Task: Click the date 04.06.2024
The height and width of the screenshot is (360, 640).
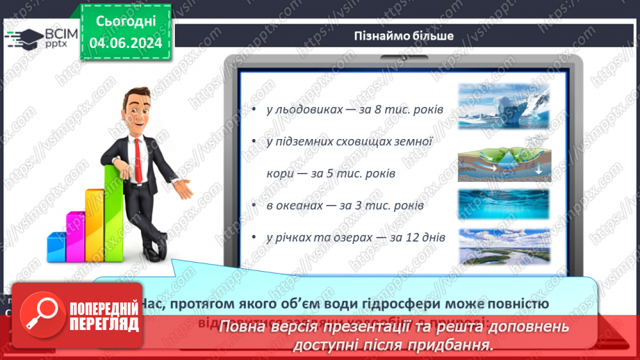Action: [125, 43]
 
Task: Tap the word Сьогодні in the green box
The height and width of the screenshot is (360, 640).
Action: [126, 21]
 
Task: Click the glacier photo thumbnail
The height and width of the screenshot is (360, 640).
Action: [503, 106]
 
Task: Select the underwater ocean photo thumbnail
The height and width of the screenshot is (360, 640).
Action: [503, 204]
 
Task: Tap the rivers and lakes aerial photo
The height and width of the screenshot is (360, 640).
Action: [503, 246]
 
